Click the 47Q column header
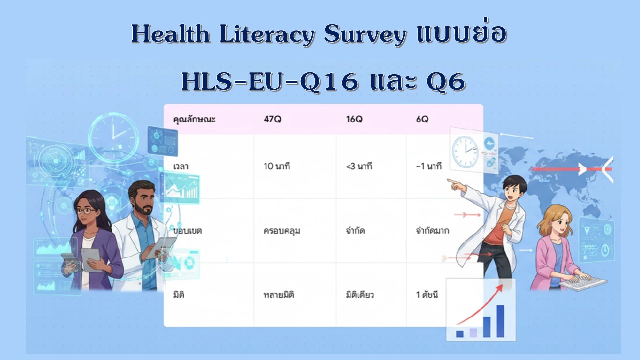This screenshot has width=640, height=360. (x=273, y=119)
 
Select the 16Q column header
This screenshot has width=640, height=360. (x=354, y=119)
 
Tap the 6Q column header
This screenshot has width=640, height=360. (x=422, y=119)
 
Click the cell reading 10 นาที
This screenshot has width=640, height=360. (x=277, y=166)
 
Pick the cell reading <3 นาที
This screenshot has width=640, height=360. (x=359, y=166)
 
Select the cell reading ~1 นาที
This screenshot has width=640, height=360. (x=429, y=166)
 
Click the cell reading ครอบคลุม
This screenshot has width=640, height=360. (x=282, y=231)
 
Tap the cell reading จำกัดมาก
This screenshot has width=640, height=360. (x=433, y=230)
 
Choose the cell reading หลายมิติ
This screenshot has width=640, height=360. (x=279, y=295)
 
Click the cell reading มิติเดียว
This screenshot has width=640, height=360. (x=360, y=295)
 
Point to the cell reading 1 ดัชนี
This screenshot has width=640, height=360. (x=427, y=295)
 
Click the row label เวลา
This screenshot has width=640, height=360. (x=181, y=166)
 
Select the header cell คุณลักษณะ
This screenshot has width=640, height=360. (x=194, y=119)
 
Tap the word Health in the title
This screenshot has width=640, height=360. (x=171, y=34)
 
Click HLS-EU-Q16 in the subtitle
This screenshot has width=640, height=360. (x=270, y=82)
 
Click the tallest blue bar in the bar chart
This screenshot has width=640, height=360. (x=500, y=321)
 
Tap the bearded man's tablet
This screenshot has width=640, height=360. (x=161, y=247)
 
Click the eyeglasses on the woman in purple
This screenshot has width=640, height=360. (x=86, y=211)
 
